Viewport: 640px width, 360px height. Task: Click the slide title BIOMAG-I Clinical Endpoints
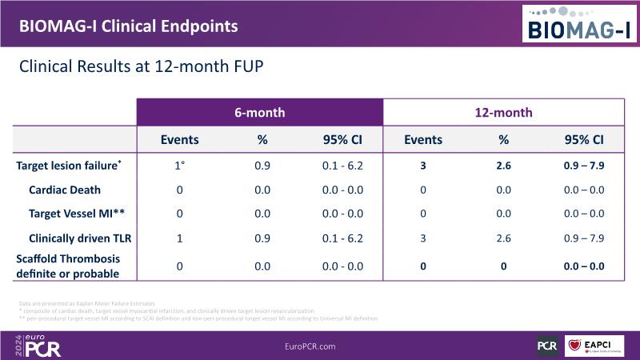[x=128, y=25]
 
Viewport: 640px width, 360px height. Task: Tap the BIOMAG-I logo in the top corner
[x=579, y=23]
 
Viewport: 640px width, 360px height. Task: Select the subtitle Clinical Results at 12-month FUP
[x=141, y=67]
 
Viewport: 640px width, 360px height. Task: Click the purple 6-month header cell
[x=259, y=112]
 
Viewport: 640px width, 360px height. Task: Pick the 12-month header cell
[x=503, y=112]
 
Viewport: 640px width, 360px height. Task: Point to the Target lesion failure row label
[x=69, y=166]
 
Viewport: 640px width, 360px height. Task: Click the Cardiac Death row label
[x=65, y=190]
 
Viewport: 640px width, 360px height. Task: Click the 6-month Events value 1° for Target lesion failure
[x=180, y=166]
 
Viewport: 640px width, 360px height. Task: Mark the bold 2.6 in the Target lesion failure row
[x=503, y=166]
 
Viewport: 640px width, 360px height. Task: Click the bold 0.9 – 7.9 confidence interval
[x=584, y=166]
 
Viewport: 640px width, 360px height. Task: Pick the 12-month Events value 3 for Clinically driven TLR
[x=423, y=238]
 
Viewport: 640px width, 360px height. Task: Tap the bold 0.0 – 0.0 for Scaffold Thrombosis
[x=584, y=266]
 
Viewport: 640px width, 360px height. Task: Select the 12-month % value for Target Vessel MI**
[x=503, y=214]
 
